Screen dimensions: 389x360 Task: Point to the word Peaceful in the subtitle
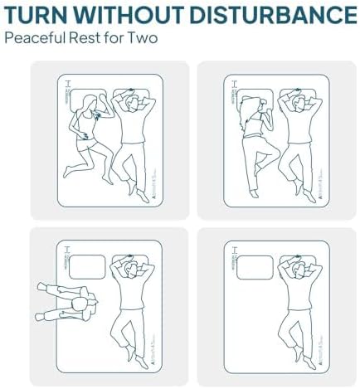coord(31,39)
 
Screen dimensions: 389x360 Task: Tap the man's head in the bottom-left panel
coord(132,269)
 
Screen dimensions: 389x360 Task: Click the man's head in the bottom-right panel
coord(298,269)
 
